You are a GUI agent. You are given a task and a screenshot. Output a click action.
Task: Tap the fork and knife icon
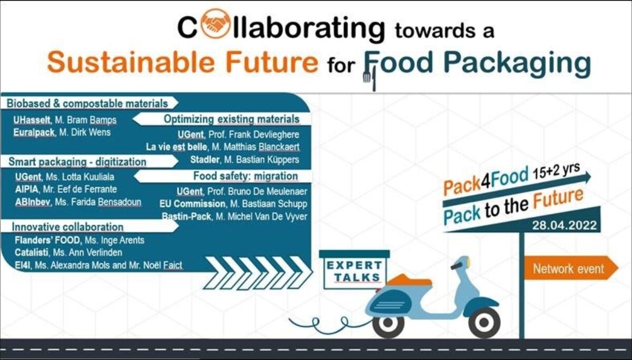point(370,79)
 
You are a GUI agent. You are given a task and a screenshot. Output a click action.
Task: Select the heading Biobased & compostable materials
point(87,104)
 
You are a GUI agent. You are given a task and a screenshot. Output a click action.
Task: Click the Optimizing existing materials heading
point(231,119)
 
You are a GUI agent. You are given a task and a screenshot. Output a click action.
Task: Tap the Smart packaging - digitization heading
point(77,162)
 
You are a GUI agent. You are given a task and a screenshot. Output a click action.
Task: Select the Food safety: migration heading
point(245,176)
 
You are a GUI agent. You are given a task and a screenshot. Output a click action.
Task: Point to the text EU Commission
point(192,204)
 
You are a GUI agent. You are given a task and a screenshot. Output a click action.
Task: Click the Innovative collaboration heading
point(67,227)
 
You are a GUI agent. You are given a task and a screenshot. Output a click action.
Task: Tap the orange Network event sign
point(570,268)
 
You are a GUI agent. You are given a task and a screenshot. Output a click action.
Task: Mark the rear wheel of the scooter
point(388,323)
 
